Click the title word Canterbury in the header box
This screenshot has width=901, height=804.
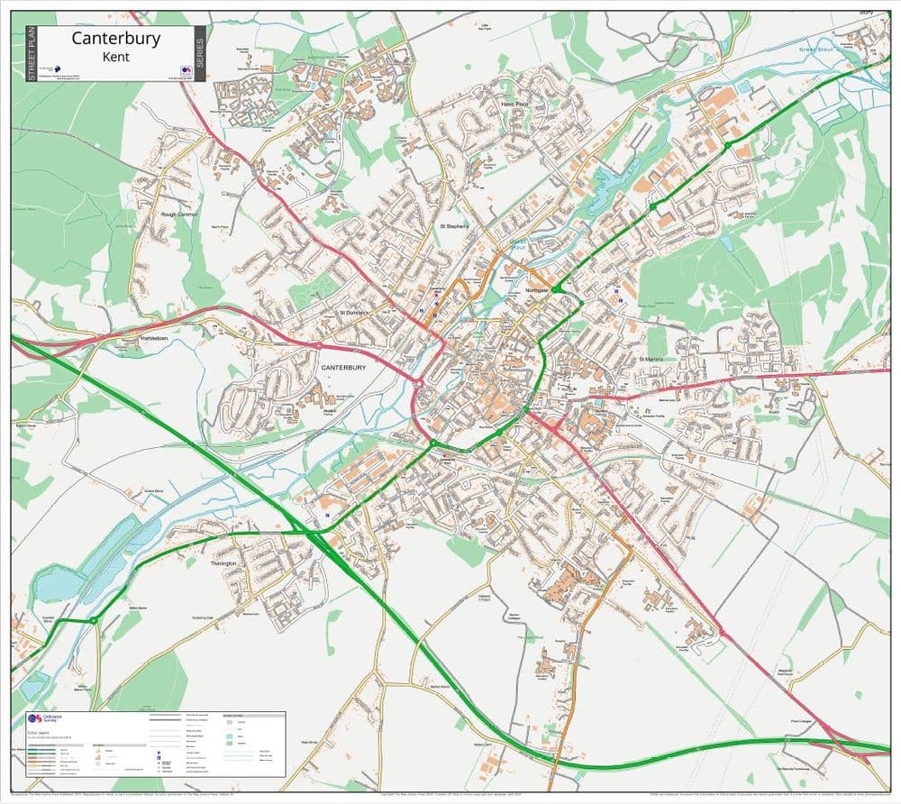click(x=115, y=38)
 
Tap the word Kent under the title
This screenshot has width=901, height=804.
click(x=115, y=57)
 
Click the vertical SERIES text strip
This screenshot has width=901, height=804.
click(x=200, y=53)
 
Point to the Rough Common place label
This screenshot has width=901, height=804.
click(x=178, y=215)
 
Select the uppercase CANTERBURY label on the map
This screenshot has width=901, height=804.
click(x=343, y=368)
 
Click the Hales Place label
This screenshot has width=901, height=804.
click(x=514, y=105)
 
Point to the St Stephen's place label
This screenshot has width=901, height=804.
click(x=453, y=225)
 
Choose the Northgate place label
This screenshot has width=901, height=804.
click(x=536, y=291)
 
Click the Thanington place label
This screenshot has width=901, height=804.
click(x=223, y=563)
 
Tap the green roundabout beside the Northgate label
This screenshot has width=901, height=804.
click(x=558, y=289)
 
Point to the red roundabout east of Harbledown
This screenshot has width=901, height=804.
click(x=318, y=345)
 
